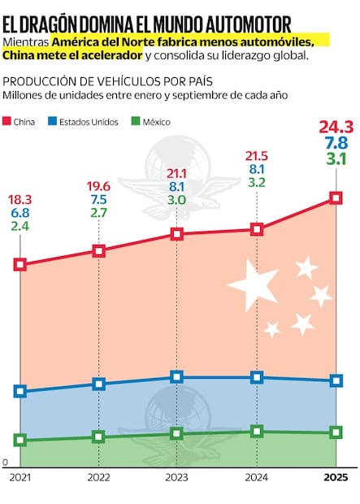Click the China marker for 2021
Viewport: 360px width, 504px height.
coord(20,264)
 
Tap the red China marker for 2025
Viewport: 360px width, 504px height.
coord(335,198)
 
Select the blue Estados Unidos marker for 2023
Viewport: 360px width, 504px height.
coord(177,377)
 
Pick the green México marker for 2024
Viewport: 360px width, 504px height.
coord(257,431)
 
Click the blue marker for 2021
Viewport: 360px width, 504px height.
coord(20,391)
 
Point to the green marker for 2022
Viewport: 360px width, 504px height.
coord(98,437)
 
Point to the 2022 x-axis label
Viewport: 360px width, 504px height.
coord(98,477)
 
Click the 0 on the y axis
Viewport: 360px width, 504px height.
coord(5,462)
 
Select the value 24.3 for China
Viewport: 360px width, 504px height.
coord(335,127)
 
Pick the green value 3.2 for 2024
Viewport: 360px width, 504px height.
coord(257,184)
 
